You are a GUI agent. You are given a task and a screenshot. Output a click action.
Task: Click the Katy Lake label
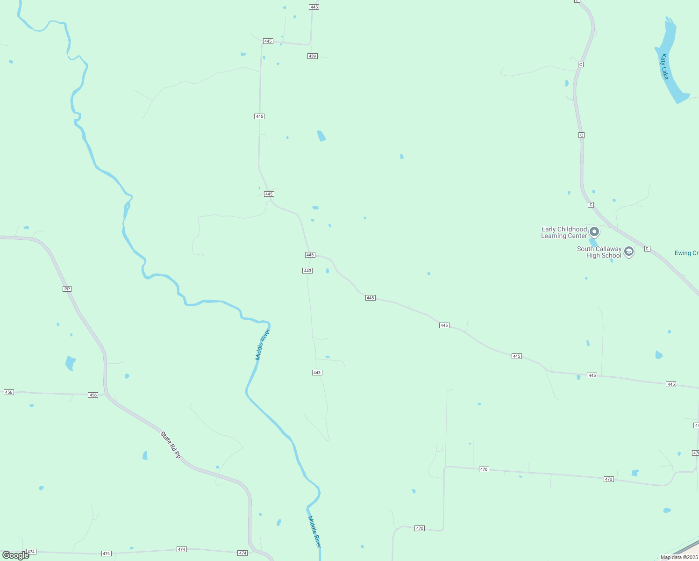(665, 66)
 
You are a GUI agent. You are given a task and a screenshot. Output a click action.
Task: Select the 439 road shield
(313, 56)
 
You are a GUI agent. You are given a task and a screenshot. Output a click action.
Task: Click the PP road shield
(67, 289)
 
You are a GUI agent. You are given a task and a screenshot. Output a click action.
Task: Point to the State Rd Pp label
(171, 445)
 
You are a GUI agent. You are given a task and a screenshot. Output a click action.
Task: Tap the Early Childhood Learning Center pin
(594, 231)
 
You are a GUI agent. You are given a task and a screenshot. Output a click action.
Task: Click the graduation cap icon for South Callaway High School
(629, 252)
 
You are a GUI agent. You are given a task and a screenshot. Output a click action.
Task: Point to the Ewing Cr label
(686, 253)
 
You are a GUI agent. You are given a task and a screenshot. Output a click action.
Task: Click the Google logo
(16, 555)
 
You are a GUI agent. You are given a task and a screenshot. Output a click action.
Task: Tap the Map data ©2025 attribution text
(679, 557)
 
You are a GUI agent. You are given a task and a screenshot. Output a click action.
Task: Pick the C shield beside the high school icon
(647, 249)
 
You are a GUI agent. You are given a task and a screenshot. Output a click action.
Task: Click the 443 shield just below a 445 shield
(307, 271)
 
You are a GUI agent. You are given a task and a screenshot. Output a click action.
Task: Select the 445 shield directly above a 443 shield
(310, 255)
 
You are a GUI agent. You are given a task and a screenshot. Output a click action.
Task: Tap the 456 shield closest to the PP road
(93, 395)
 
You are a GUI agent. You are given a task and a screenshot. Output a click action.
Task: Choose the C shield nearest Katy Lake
(581, 65)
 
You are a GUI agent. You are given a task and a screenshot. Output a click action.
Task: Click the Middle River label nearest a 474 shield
(314, 532)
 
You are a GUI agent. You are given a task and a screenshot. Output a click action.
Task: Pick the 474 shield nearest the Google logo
(31, 552)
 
